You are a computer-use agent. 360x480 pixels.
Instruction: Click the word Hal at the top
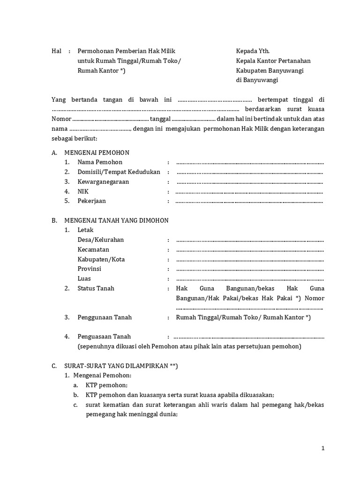(x=56, y=51)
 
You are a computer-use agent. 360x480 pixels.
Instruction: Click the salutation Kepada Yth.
(x=253, y=51)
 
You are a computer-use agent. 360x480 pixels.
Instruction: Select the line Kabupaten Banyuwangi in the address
(x=270, y=70)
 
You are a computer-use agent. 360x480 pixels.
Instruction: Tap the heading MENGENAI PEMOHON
(x=97, y=153)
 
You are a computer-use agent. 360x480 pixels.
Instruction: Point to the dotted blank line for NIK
(x=249, y=192)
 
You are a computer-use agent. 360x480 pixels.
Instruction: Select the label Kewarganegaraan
(x=103, y=182)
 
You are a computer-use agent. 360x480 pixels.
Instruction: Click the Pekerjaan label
(x=92, y=201)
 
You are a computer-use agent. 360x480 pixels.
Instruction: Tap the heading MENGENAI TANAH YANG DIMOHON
(x=116, y=220)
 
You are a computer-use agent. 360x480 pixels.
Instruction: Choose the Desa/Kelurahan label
(x=101, y=240)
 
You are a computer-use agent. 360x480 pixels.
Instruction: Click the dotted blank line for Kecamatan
(x=250, y=250)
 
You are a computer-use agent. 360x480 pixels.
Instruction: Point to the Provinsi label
(x=90, y=269)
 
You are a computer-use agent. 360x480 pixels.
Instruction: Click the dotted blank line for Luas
(x=250, y=279)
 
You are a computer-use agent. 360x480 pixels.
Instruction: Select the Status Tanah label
(x=96, y=288)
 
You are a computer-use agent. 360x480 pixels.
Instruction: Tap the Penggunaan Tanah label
(x=105, y=317)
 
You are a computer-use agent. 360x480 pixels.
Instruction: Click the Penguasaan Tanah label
(x=104, y=337)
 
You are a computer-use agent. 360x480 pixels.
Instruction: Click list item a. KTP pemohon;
(x=106, y=385)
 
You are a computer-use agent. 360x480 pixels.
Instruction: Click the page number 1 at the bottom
(x=323, y=448)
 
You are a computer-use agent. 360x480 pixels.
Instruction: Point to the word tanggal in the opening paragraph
(x=160, y=119)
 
